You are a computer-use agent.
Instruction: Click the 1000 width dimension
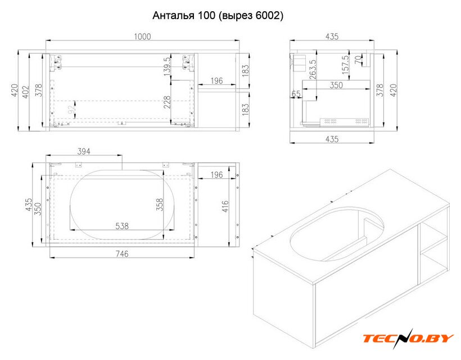(142, 37)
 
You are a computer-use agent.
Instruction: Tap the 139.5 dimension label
(167, 67)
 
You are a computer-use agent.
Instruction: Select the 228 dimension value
(167, 102)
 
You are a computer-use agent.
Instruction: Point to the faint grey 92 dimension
(71, 110)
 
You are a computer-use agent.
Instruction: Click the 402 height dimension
(26, 92)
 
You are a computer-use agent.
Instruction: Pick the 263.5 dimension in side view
(313, 69)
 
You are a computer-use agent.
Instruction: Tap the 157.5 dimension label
(345, 65)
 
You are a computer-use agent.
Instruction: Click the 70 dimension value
(358, 60)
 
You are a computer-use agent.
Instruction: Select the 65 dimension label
(296, 94)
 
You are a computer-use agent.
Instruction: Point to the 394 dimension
(84, 151)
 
